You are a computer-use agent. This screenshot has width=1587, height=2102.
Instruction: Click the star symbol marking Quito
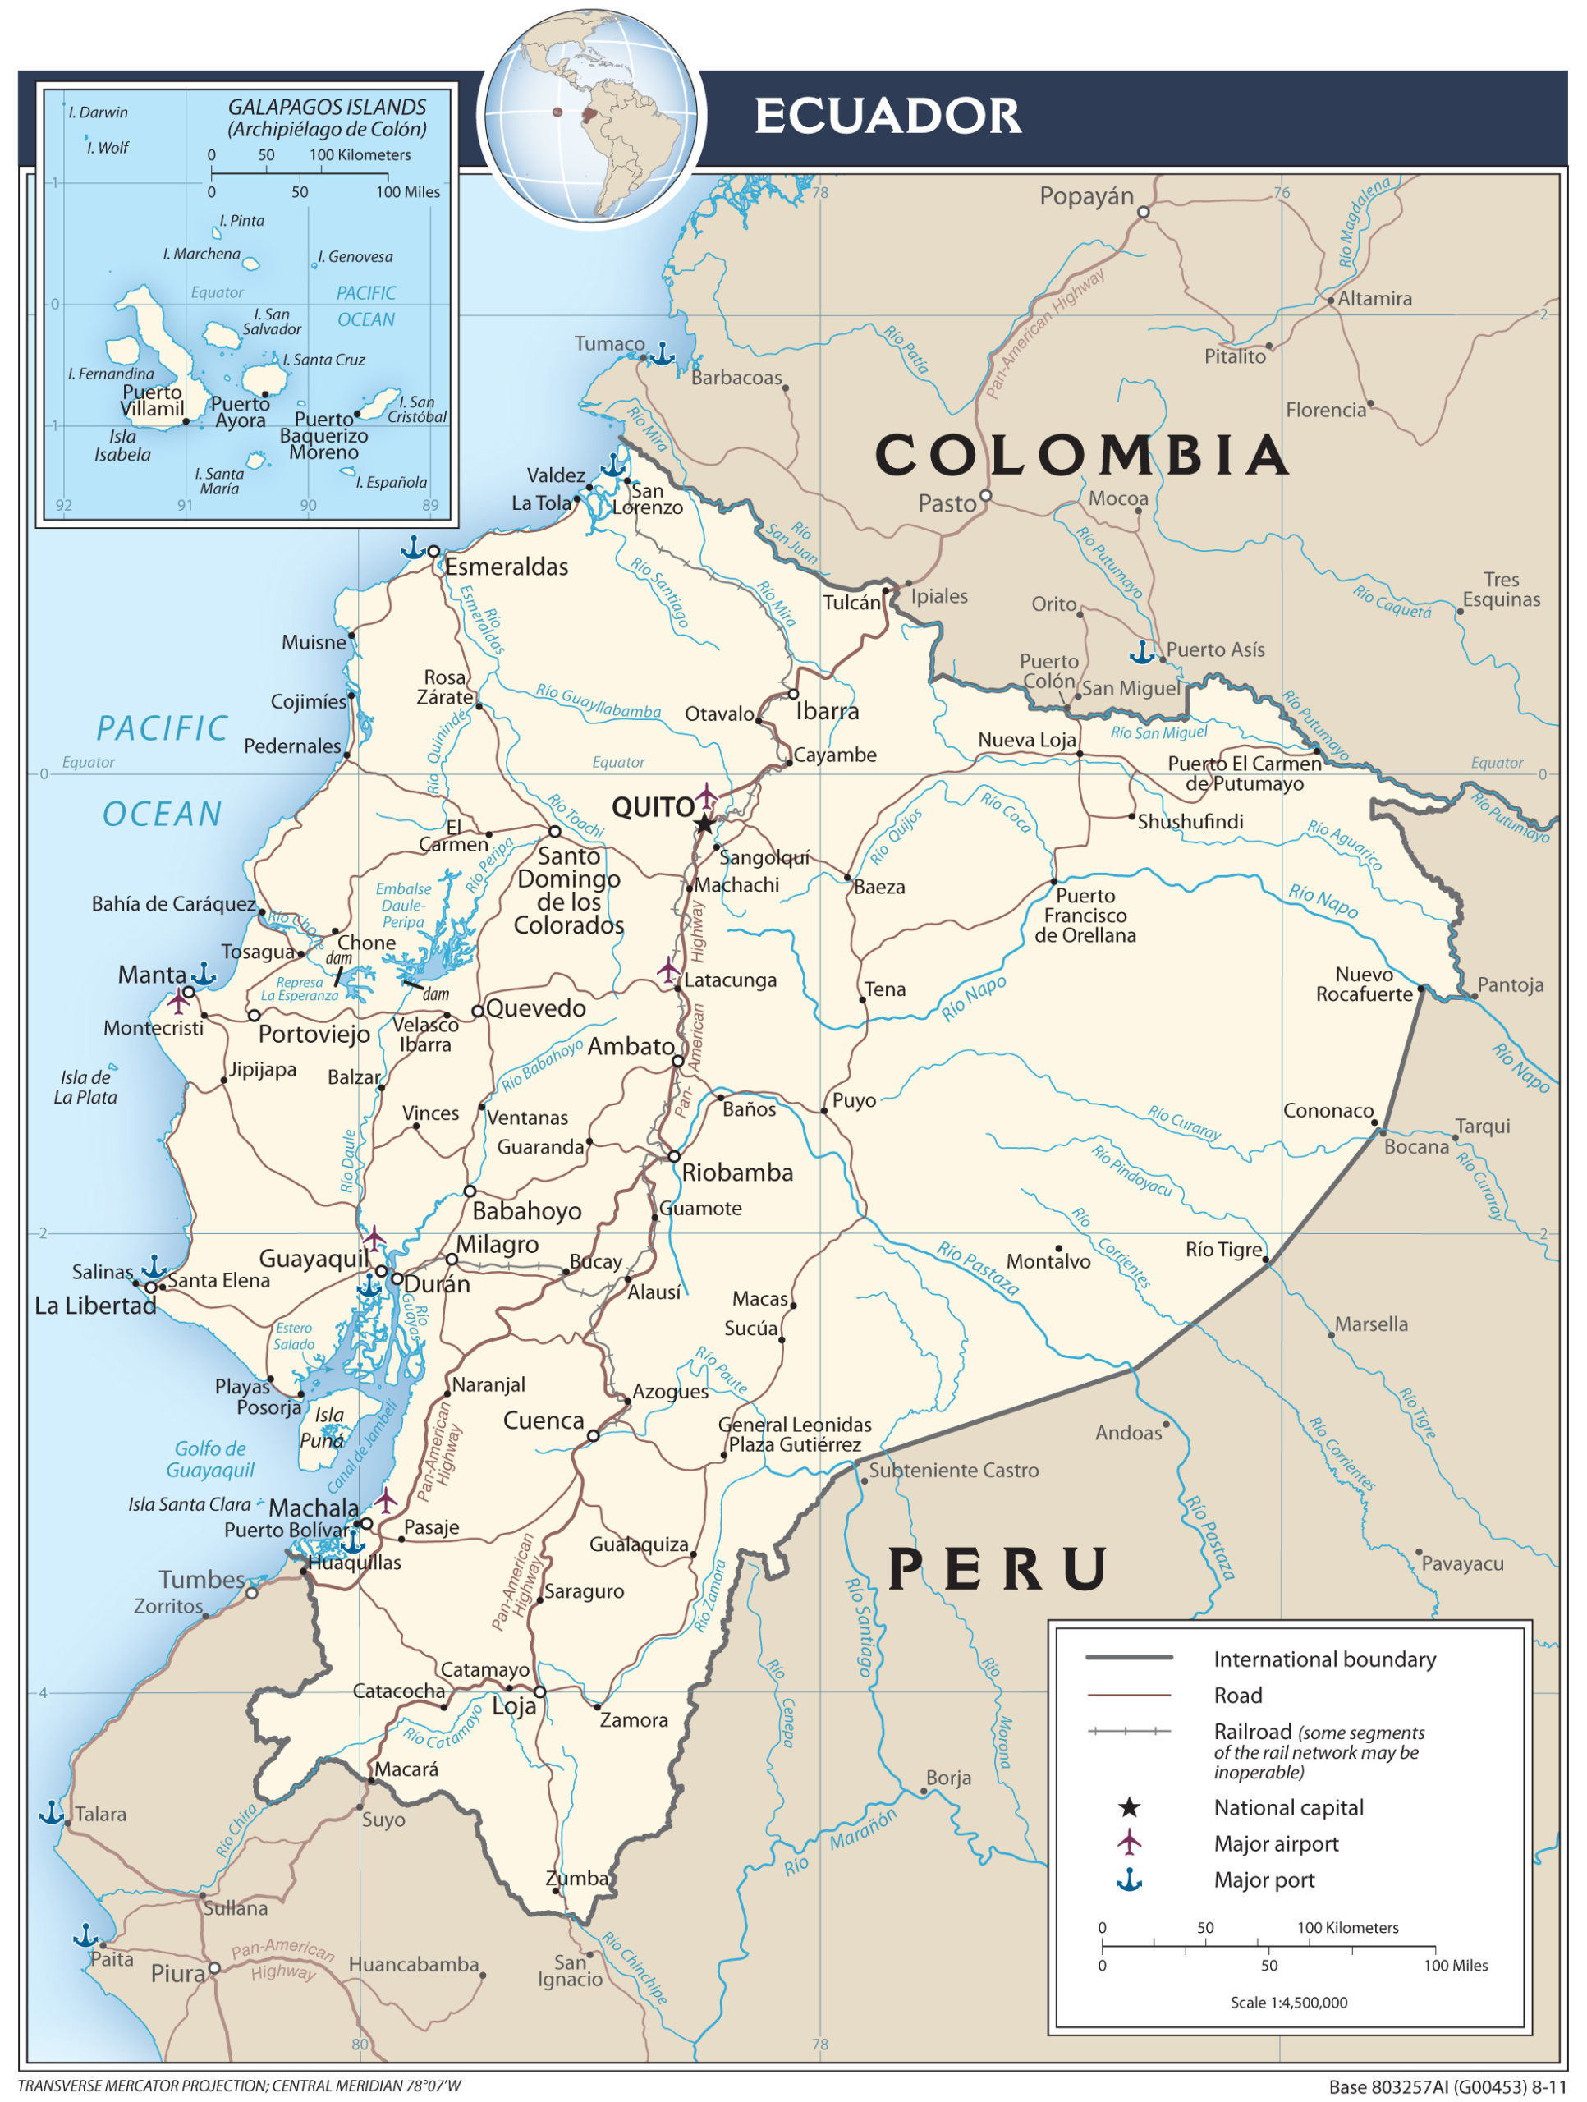click(704, 824)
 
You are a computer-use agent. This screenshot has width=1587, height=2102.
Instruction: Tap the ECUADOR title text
click(887, 116)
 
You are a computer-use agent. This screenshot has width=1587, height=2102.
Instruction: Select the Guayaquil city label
click(314, 1258)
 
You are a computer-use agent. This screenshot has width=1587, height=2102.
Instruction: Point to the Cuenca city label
click(543, 1420)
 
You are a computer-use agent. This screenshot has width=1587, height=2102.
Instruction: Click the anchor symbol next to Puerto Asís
click(1140, 652)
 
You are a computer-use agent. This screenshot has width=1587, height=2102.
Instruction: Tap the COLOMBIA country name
click(1081, 454)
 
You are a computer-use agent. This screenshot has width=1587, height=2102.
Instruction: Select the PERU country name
click(998, 1569)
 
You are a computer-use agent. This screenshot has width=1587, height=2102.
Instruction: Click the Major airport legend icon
click(1128, 1843)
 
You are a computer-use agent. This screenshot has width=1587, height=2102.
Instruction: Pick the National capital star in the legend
click(1128, 1806)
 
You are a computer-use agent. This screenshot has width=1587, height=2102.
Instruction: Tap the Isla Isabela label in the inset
click(122, 445)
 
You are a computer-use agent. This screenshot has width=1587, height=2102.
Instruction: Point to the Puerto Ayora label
click(240, 411)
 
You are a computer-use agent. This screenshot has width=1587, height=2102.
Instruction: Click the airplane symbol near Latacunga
click(668, 971)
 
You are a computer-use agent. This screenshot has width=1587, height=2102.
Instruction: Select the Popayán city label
click(1085, 197)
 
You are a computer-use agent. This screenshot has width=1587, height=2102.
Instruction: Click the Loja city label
click(513, 1705)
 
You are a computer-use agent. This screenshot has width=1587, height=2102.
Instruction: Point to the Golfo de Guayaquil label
click(210, 1458)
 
